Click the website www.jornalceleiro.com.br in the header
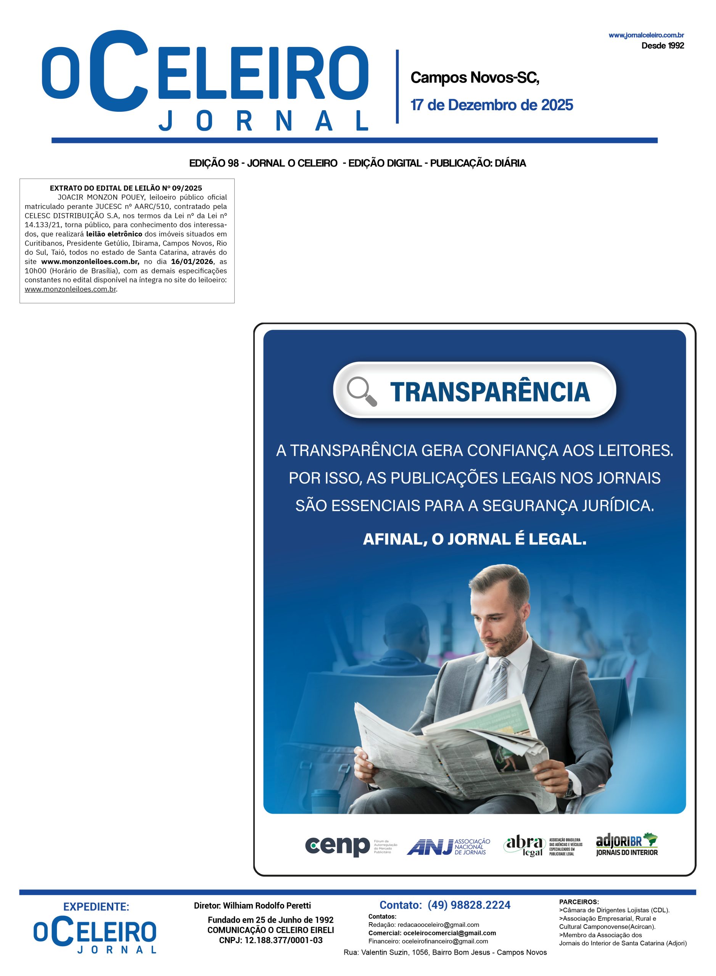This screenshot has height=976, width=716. click(x=646, y=35)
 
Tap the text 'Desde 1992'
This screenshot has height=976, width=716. click(x=662, y=45)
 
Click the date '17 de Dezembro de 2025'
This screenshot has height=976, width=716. click(x=491, y=105)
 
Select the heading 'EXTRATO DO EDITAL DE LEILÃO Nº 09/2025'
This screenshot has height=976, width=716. click(x=126, y=188)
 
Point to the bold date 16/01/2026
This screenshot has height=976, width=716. click(x=192, y=261)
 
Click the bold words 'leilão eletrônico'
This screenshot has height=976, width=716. click(x=114, y=234)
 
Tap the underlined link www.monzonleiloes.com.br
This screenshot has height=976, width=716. click(x=70, y=289)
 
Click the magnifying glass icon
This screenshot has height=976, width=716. click(x=362, y=391)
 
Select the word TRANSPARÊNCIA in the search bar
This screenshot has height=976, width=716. click(x=490, y=392)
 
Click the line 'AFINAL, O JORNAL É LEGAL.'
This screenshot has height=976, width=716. click(x=474, y=539)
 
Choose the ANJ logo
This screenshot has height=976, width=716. click(x=448, y=846)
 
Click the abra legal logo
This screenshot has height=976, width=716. click(x=543, y=846)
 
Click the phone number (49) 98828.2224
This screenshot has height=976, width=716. click(x=468, y=905)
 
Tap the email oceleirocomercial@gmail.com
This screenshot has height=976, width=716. click(x=449, y=933)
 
